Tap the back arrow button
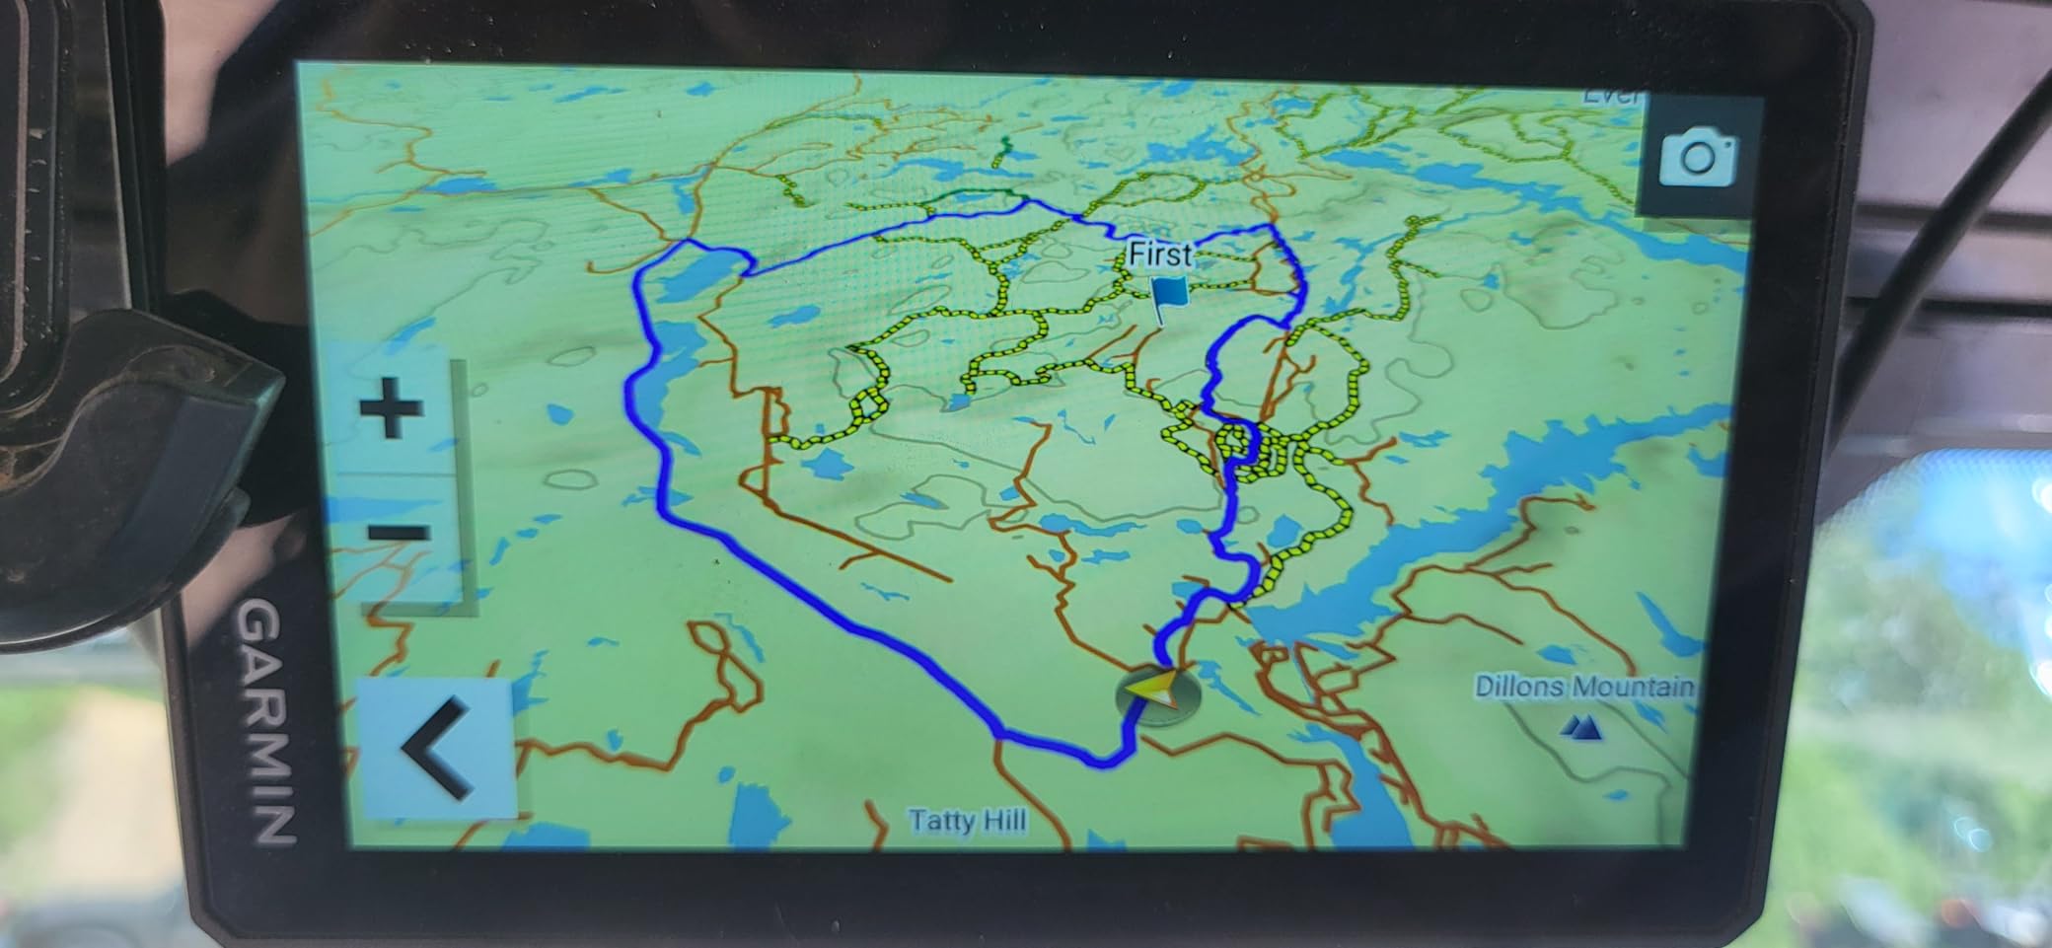point(437,748)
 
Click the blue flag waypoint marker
point(1169,297)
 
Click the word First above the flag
point(1159,255)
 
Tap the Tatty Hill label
point(967,821)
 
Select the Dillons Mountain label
point(1583,687)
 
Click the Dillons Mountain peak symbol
point(1581,729)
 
